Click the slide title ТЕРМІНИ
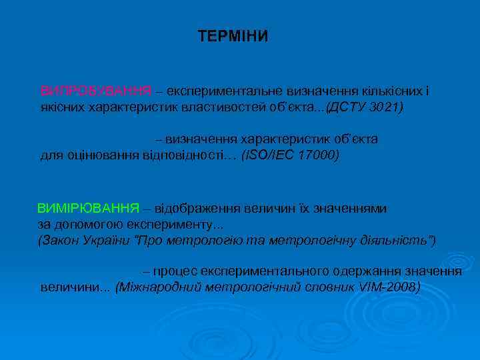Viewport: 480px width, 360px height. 233,36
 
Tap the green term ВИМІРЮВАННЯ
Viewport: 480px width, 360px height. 88,208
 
